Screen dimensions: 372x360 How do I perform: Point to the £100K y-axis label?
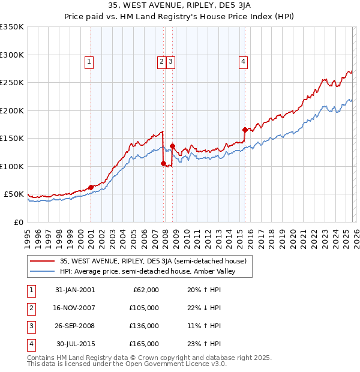click(12, 166)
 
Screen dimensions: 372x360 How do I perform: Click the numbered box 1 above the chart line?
click(89, 60)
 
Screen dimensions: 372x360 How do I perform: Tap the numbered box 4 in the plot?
click(243, 60)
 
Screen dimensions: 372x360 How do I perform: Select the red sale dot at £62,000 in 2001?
click(91, 187)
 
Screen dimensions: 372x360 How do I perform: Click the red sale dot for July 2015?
click(245, 130)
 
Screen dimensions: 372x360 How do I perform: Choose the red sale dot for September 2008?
click(172, 146)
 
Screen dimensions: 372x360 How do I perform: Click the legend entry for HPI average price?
click(148, 271)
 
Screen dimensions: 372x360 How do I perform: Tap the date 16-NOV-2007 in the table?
click(76, 308)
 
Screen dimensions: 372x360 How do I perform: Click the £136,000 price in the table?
click(145, 326)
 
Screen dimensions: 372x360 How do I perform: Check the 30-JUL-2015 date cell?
click(76, 344)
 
